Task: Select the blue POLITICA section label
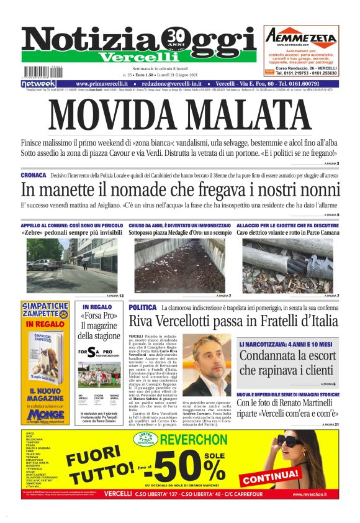(142, 307)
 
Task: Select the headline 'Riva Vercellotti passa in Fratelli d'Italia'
(233, 321)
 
